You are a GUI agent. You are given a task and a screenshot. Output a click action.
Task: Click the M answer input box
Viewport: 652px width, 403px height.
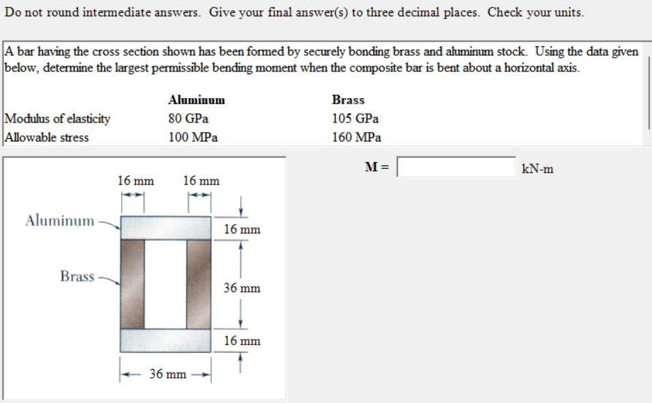click(x=456, y=167)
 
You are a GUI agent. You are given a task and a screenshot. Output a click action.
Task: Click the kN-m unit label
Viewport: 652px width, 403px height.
click(x=538, y=169)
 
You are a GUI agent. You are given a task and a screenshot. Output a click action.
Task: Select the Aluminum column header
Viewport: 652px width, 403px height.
click(x=196, y=100)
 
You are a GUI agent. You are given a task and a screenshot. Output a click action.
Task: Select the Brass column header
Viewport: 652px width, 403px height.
click(x=348, y=100)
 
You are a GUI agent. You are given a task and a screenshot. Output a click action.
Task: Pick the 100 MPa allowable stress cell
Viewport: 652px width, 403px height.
click(x=193, y=137)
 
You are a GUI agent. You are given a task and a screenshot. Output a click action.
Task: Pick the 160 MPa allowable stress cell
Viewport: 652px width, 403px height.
click(x=357, y=137)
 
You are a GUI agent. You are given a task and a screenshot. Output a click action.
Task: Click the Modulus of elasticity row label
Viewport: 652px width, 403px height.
click(x=58, y=118)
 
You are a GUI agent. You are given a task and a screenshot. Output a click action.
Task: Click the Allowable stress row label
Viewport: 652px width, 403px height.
click(x=47, y=137)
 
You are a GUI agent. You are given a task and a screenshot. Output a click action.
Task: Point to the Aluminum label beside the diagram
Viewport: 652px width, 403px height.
click(x=60, y=221)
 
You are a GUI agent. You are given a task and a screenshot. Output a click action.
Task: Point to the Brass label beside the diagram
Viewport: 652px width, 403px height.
click(x=77, y=276)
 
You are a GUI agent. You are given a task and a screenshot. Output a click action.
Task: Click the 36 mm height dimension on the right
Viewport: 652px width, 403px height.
click(x=242, y=288)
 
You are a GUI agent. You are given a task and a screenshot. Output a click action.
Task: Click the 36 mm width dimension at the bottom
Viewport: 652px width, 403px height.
click(x=168, y=374)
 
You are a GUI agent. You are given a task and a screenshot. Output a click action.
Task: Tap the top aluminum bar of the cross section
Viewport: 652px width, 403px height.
click(x=166, y=227)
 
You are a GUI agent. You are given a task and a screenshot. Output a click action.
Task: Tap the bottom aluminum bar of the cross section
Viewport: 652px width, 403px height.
click(x=166, y=340)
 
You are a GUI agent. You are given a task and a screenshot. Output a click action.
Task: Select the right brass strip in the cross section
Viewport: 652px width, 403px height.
click(x=199, y=284)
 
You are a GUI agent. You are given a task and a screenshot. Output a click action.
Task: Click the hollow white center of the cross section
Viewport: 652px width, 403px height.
click(x=166, y=284)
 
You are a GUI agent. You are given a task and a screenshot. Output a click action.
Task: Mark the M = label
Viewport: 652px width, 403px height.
click(x=377, y=167)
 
